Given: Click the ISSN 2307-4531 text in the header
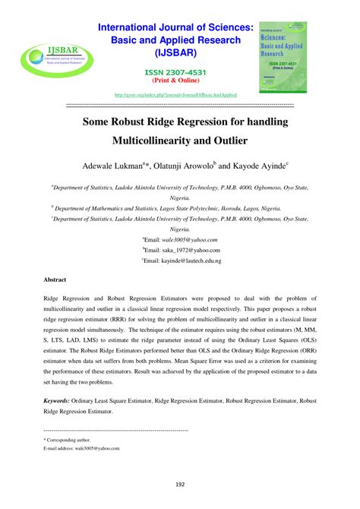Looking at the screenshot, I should point(180,73).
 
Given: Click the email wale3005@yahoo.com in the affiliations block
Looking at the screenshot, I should point(183,239).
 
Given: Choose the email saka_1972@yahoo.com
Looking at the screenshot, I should point(184,249).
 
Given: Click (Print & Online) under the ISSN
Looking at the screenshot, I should point(180,82).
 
